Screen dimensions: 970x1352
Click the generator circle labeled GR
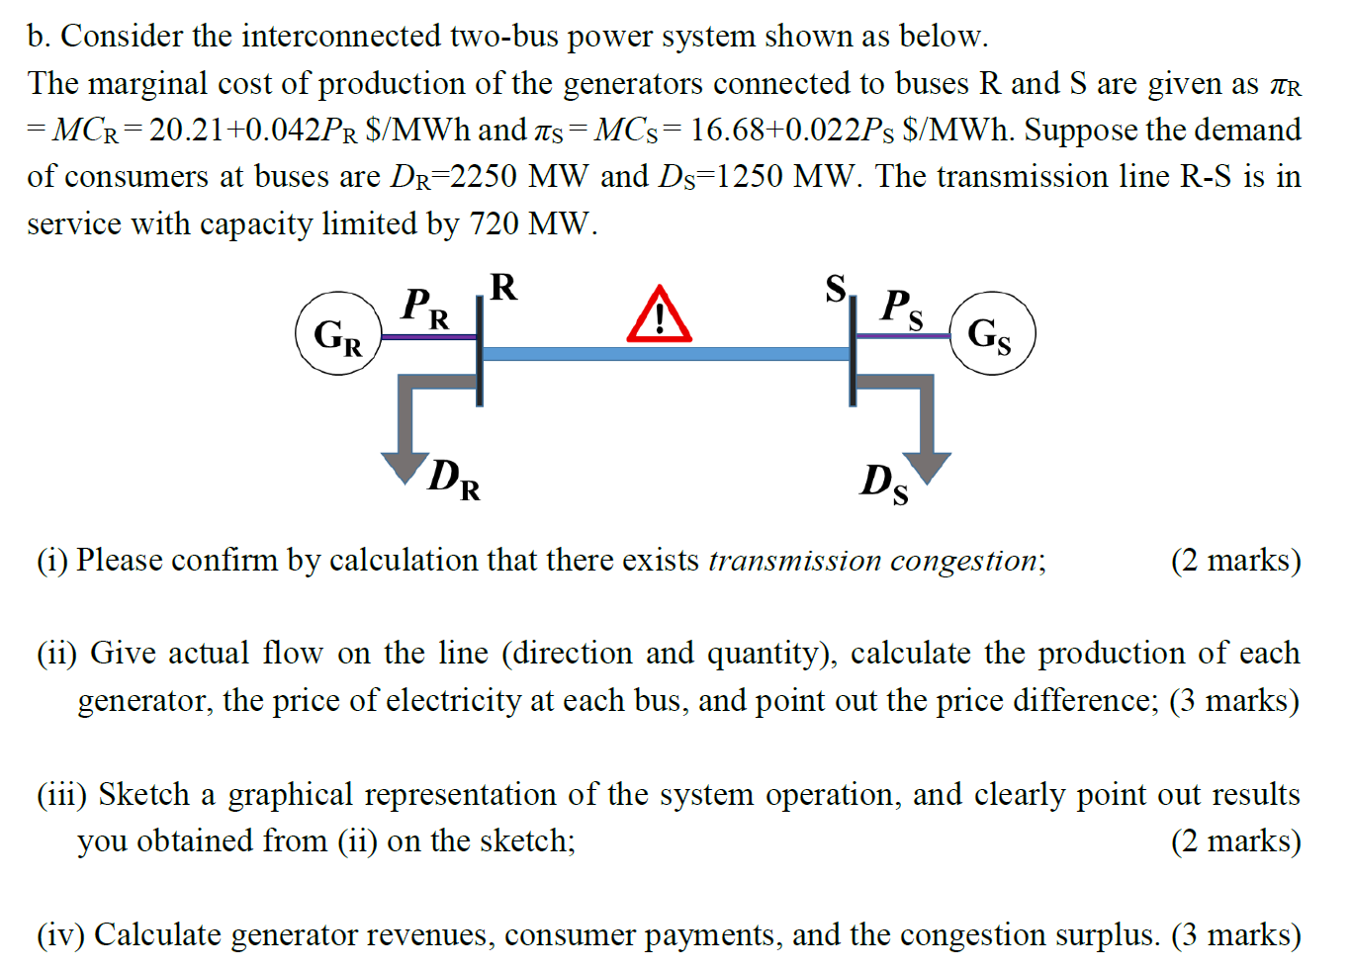[338, 333]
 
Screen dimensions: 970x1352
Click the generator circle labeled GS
[992, 333]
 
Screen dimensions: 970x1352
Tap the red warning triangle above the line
[659, 315]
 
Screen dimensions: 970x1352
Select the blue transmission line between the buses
[665, 353]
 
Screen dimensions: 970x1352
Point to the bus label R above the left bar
[503, 287]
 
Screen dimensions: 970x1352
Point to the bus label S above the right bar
[836, 288]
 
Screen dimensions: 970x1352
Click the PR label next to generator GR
[424, 307]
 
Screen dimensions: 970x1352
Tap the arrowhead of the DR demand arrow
[405, 467]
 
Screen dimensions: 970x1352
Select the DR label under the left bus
[454, 479]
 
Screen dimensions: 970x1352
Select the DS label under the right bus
[884, 484]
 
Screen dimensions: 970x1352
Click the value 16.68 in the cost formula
[727, 130]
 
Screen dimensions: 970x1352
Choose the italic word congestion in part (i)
[963, 561]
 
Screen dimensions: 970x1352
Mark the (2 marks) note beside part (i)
[1235, 561]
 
